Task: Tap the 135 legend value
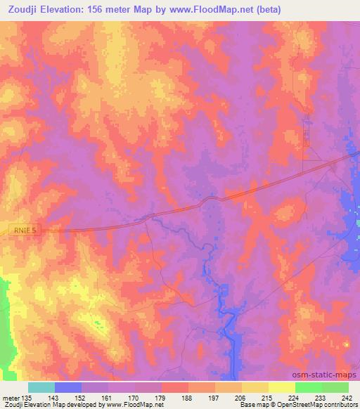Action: pos(26,397)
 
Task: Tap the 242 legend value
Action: pos(348,397)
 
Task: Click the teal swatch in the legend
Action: pos(41,387)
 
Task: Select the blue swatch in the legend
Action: pos(68,387)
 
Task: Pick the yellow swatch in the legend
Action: pos(281,387)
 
